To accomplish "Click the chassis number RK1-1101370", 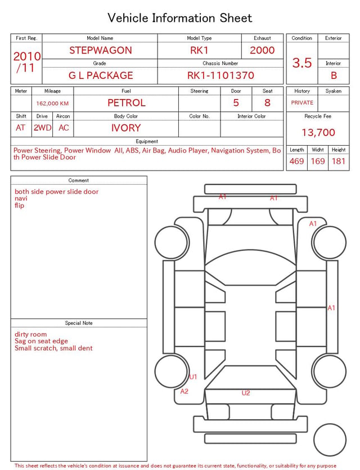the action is [220, 75].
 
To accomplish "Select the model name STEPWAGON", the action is [101, 50].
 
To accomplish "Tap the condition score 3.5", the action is [302, 62].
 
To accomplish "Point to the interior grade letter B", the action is [334, 75].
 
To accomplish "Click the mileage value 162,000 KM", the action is [52, 104].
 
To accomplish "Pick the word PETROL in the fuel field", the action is [127, 103].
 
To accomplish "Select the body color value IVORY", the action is [126, 128].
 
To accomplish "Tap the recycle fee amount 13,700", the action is [318, 132].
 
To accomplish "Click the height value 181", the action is [339, 161].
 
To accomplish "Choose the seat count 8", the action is [267, 103].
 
